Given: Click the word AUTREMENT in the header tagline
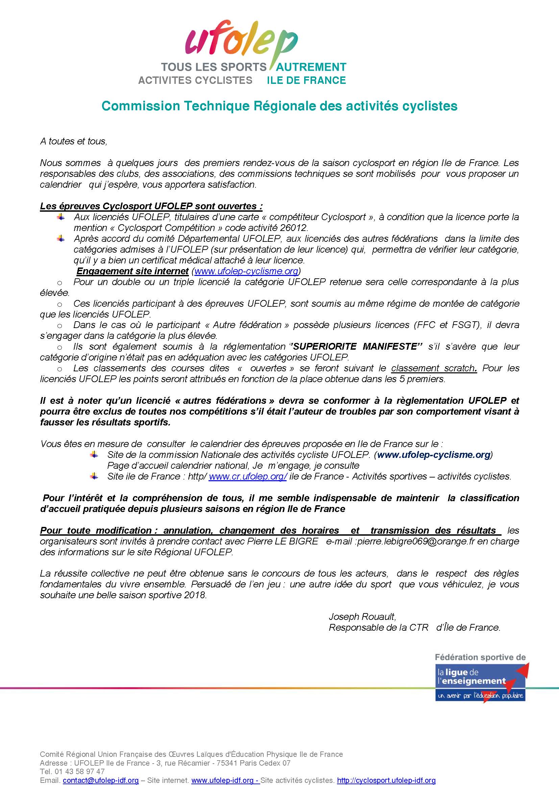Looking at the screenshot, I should click(x=312, y=67).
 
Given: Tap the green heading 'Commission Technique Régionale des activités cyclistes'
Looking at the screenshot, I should click(x=279, y=106).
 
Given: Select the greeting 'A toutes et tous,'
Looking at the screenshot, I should click(x=74, y=141).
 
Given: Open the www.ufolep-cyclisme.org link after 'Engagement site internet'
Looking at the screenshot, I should click(x=246, y=271).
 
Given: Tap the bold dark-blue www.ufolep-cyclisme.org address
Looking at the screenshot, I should click(x=434, y=455).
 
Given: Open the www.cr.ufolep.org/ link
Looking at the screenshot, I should click(x=248, y=476).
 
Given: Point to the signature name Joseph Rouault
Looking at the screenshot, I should click(x=362, y=617).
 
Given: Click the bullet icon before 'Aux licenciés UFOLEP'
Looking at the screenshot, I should click(x=61, y=217).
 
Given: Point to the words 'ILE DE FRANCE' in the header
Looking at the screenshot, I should click(x=306, y=80).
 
